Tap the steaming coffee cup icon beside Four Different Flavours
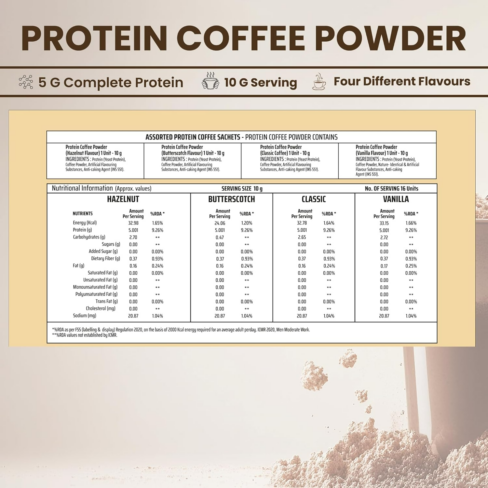coord(319,82)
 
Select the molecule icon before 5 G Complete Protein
coord(26,82)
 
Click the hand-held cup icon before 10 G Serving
coord(210,81)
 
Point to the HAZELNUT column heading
coord(123,199)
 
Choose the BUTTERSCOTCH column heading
coord(231,199)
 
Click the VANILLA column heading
coord(396,199)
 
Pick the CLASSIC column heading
coord(314,199)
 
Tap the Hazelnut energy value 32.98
coord(133,223)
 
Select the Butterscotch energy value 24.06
coord(220,223)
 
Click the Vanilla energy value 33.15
coord(384,223)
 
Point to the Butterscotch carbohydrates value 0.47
coord(220,237)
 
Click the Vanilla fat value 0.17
coord(384,266)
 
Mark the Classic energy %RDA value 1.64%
coord(329,223)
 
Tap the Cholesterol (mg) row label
coord(101,308)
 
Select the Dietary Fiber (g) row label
coord(105,259)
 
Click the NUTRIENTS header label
coord(83,214)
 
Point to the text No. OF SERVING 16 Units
coord(391,189)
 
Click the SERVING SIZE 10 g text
coord(242,189)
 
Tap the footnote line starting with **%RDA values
coord(85,335)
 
